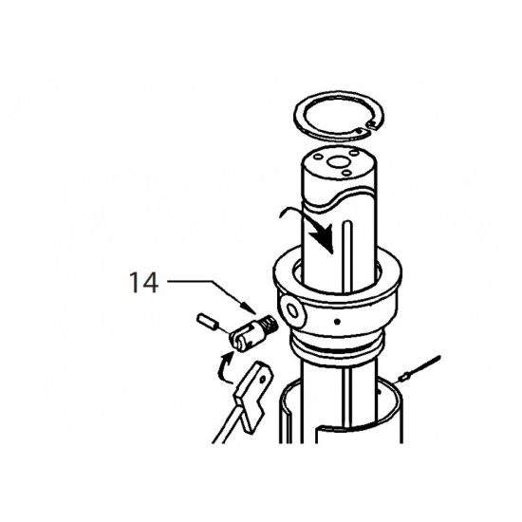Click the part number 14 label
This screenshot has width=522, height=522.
143,282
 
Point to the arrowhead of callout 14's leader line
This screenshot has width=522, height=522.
250,308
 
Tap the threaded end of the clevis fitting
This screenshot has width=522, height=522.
270,326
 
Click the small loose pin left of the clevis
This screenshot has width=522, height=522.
207,322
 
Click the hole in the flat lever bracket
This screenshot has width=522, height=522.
263,380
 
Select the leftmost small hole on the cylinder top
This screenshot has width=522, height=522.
319,157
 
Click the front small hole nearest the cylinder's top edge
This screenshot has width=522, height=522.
346,173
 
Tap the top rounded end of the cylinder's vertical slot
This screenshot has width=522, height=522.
346,222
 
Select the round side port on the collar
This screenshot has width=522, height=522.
293,311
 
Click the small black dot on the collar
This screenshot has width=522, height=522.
337,322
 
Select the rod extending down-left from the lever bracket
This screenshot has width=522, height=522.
228,423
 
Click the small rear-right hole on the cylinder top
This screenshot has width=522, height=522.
354,153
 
